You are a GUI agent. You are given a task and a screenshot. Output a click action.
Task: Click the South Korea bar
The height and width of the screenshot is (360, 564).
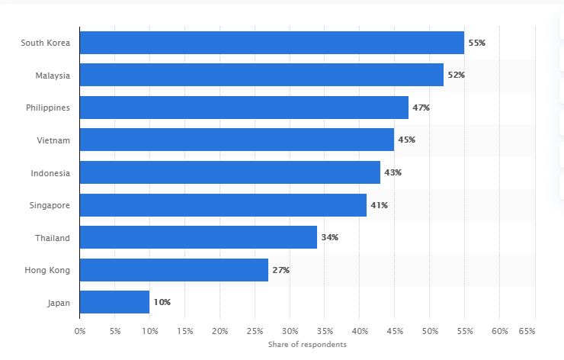coord(272,43)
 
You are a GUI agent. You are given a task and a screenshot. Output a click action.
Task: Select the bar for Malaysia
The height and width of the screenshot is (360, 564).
coord(262,75)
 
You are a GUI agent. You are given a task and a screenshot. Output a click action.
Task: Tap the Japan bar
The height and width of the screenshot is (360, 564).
coord(115,302)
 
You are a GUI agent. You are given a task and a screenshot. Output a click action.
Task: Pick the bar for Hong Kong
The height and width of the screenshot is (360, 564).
coord(174,270)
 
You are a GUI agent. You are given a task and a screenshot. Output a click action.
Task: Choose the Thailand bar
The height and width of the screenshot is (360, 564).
coord(199,237)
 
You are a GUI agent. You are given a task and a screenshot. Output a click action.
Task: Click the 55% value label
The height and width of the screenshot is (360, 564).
coord(476,43)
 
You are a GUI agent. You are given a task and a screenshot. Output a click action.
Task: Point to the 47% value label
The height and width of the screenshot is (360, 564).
coord(421,108)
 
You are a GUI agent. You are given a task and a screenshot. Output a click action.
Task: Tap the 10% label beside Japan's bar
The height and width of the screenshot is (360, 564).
coord(162,302)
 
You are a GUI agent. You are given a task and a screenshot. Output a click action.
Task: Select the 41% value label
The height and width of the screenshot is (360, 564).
coord(379,205)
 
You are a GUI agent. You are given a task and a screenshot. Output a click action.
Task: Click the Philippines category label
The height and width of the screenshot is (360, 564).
coord(48,108)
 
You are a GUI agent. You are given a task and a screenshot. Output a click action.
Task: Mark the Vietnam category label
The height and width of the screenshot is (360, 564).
coord(53,140)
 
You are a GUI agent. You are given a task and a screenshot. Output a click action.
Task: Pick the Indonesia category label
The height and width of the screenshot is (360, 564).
coord(50,173)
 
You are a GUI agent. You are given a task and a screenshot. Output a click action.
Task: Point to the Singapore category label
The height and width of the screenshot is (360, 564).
coord(50,206)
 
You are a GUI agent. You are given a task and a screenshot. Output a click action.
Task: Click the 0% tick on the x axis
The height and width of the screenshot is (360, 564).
coord(80,331)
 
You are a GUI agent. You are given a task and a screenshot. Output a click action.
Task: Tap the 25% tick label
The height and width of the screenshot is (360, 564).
coord(255,331)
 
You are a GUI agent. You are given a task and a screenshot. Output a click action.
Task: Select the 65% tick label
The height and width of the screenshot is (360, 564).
coord(527,331)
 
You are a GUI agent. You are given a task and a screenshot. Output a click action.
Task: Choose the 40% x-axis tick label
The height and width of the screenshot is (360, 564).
coord(360,331)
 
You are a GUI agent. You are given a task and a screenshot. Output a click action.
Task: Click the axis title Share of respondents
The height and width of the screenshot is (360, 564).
coord(307,345)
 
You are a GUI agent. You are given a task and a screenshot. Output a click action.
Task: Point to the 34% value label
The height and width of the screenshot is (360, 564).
coord(329,237)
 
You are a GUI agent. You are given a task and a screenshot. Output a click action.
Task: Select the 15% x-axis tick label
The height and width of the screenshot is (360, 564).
coord(185,331)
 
